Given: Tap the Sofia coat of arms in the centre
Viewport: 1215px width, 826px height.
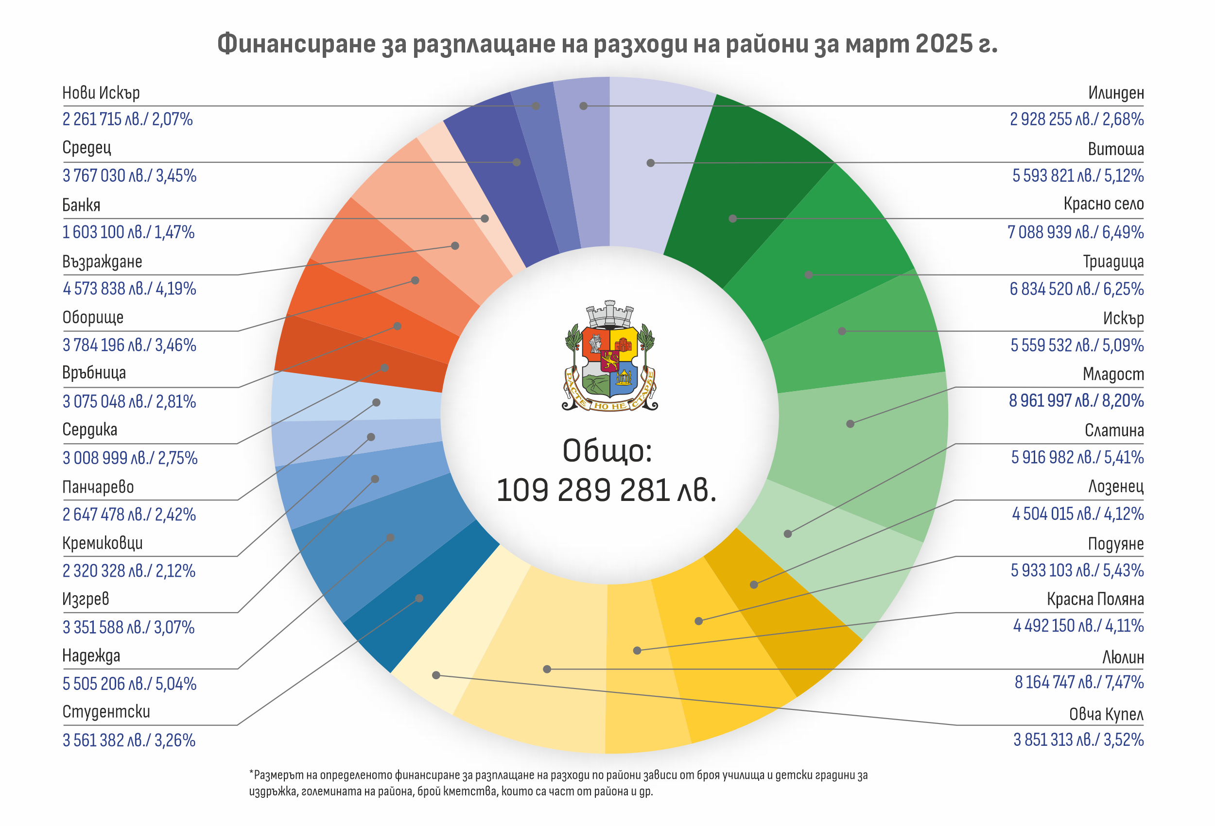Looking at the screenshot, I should [609, 357].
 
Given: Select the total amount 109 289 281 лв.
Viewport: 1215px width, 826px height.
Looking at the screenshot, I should [607, 490].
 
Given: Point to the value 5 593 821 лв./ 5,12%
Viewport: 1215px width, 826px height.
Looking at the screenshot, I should [1077, 176].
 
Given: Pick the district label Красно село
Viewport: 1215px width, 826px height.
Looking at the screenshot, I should [1103, 204].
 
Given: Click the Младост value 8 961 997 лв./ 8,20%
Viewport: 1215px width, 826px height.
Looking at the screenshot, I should [1076, 401].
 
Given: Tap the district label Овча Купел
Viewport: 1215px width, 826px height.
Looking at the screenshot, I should [1106, 714].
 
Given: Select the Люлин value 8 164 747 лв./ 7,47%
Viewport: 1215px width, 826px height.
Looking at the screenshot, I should [1078, 682].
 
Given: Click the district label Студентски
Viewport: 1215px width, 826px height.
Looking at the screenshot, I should [106, 712].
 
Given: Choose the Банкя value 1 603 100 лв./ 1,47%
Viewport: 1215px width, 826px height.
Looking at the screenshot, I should [128, 232].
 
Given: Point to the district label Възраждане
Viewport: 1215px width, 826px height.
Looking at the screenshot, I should [102, 261].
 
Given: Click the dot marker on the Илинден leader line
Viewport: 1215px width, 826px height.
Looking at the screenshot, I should [584, 106].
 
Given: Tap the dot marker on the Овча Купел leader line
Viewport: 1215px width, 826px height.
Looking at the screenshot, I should [436, 675].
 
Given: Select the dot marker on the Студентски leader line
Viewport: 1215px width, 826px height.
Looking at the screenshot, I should [419, 598].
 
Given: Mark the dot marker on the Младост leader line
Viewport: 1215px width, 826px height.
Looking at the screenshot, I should [850, 424].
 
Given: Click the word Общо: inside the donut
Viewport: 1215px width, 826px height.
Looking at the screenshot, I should [607, 450].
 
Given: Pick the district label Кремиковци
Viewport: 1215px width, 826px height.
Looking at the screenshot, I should [103, 543].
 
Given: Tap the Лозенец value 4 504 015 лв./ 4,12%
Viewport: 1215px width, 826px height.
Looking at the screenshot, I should [1077, 514].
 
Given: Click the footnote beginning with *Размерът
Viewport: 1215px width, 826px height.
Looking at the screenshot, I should [558, 783].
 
